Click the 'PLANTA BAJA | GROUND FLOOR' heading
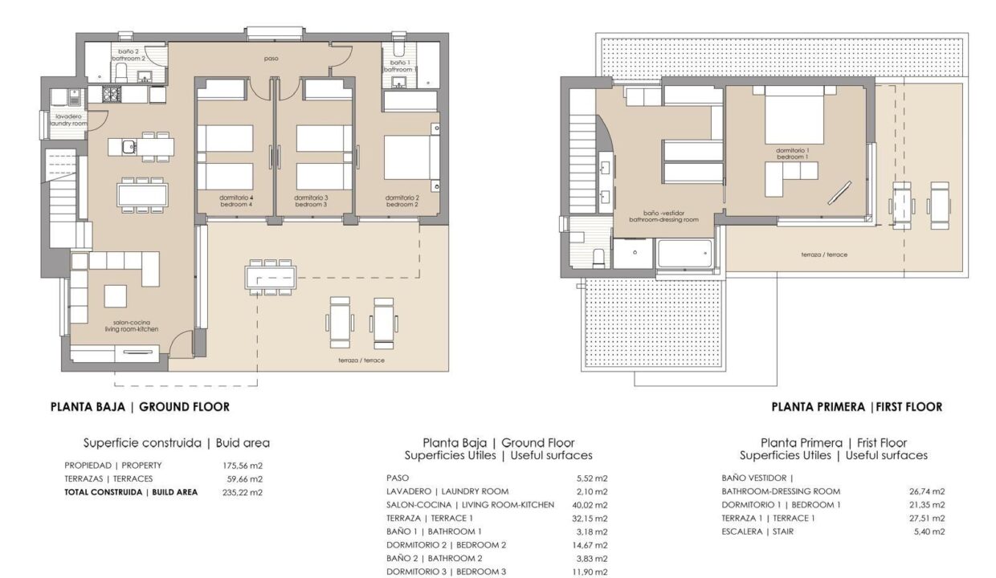pos(140,407)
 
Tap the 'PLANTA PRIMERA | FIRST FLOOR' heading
pos(857,407)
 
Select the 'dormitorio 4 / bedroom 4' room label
pos(236,201)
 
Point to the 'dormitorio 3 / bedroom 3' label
pos(311,201)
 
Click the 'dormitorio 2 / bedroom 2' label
pos(402,201)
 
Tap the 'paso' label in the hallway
pos(271,58)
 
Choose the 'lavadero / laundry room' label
pos(68,120)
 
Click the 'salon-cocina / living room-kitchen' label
pos(132,326)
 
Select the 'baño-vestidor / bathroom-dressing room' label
pos(663,217)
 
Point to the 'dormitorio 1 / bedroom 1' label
pos(792,153)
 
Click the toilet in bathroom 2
pos(121,72)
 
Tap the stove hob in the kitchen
pos(112,94)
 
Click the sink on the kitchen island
pos(129,146)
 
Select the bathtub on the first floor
pos(684,254)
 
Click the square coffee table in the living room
pos(115,296)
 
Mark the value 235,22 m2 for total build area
pos(243,492)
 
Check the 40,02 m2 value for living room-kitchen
pos(590,505)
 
